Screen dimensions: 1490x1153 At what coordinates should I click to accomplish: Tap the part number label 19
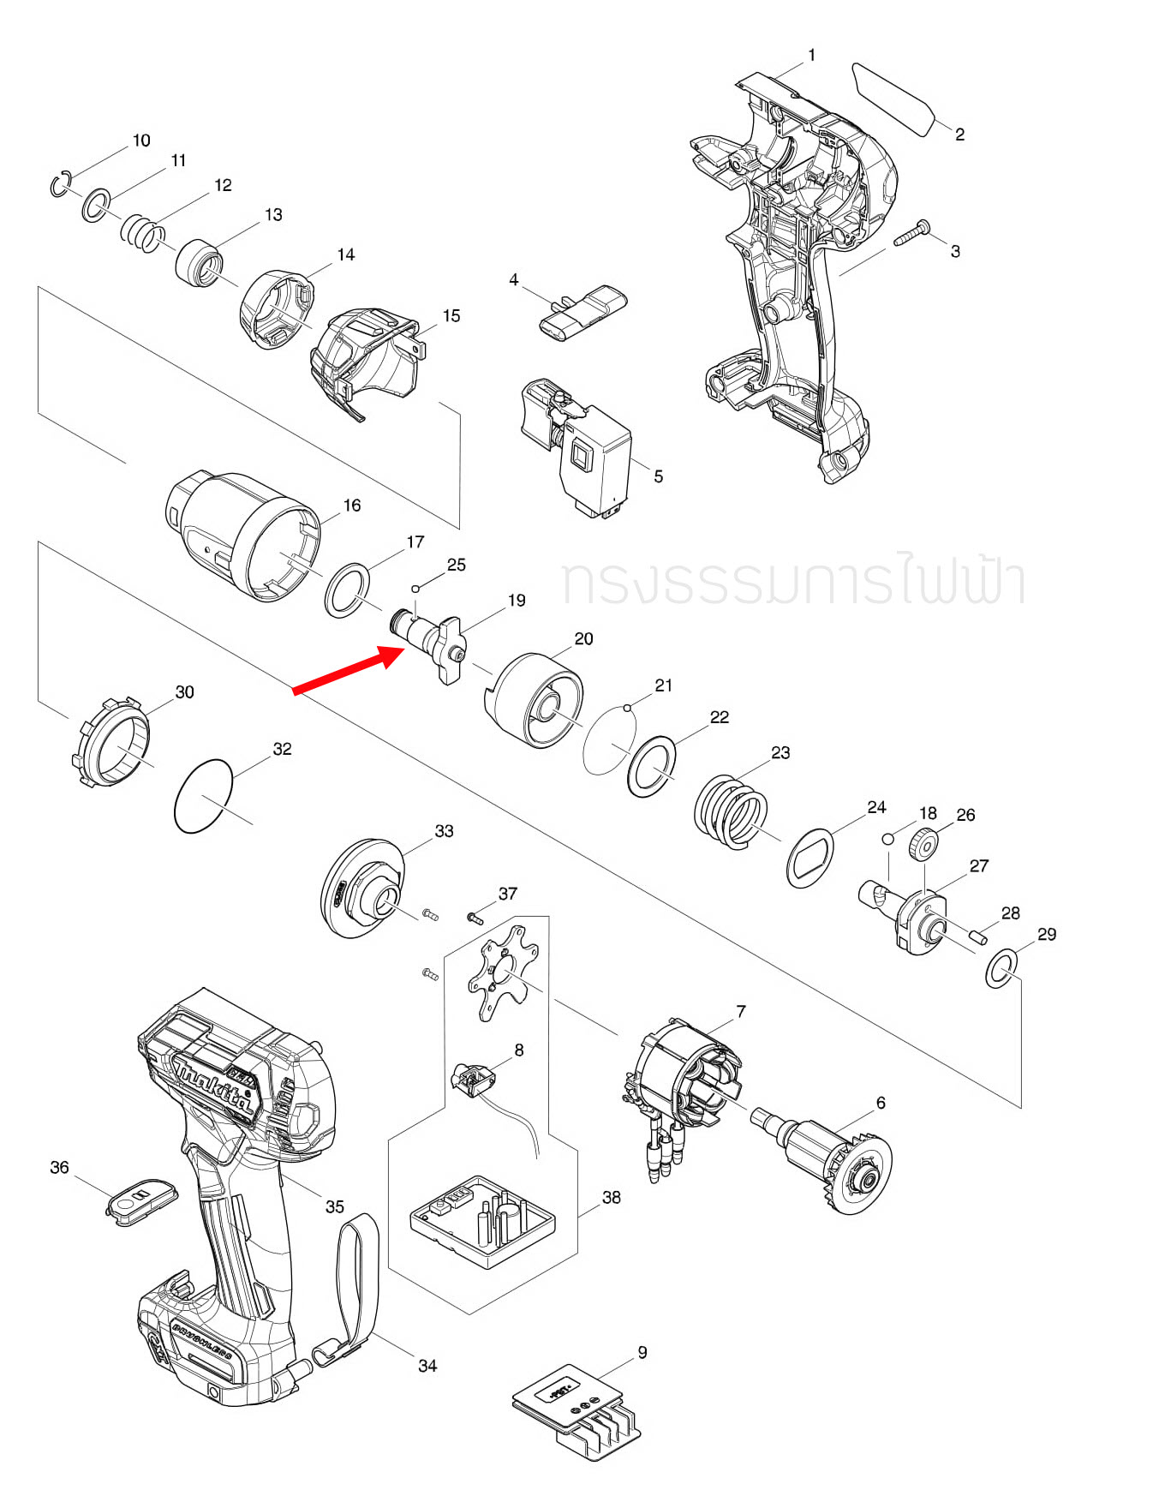[x=517, y=601]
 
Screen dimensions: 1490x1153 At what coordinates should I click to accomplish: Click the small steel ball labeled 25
[x=415, y=589]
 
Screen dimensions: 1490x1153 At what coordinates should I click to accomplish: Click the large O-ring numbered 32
[x=203, y=795]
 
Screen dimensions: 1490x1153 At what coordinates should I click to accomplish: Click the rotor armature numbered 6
[x=831, y=1157]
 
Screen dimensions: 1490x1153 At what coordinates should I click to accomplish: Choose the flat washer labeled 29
[x=1000, y=968]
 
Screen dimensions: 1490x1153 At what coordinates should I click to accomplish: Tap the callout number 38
[x=611, y=1197]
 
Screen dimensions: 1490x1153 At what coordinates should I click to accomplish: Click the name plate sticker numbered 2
[x=893, y=98]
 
